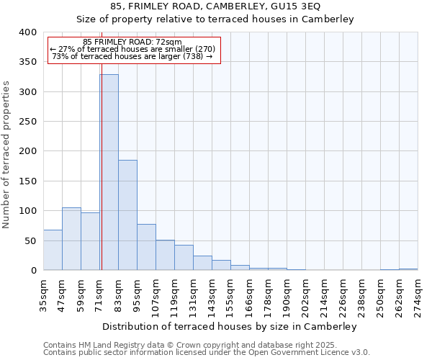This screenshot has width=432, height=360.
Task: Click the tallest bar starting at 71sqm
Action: click(109, 173)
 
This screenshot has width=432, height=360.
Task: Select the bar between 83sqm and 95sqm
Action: click(127, 215)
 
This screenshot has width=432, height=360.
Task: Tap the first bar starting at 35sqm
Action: click(53, 250)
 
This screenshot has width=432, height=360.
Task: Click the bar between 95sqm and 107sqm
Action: click(146, 247)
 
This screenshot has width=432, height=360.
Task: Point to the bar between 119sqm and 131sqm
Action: click(184, 258)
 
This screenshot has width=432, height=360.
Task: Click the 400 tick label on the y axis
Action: click(27, 32)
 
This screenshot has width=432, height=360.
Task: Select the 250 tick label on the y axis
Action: click(27, 122)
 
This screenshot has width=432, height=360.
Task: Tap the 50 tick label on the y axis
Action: click(30, 240)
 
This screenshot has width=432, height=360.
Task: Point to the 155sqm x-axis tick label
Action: click(231, 295)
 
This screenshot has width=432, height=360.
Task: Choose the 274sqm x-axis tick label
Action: click(418, 295)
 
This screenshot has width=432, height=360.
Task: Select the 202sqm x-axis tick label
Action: click(306, 295)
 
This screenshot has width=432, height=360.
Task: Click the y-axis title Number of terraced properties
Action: click(6, 154)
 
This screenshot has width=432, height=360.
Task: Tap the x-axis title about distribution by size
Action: click(230, 326)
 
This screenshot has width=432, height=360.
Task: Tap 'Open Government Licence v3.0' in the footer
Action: click(310, 352)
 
